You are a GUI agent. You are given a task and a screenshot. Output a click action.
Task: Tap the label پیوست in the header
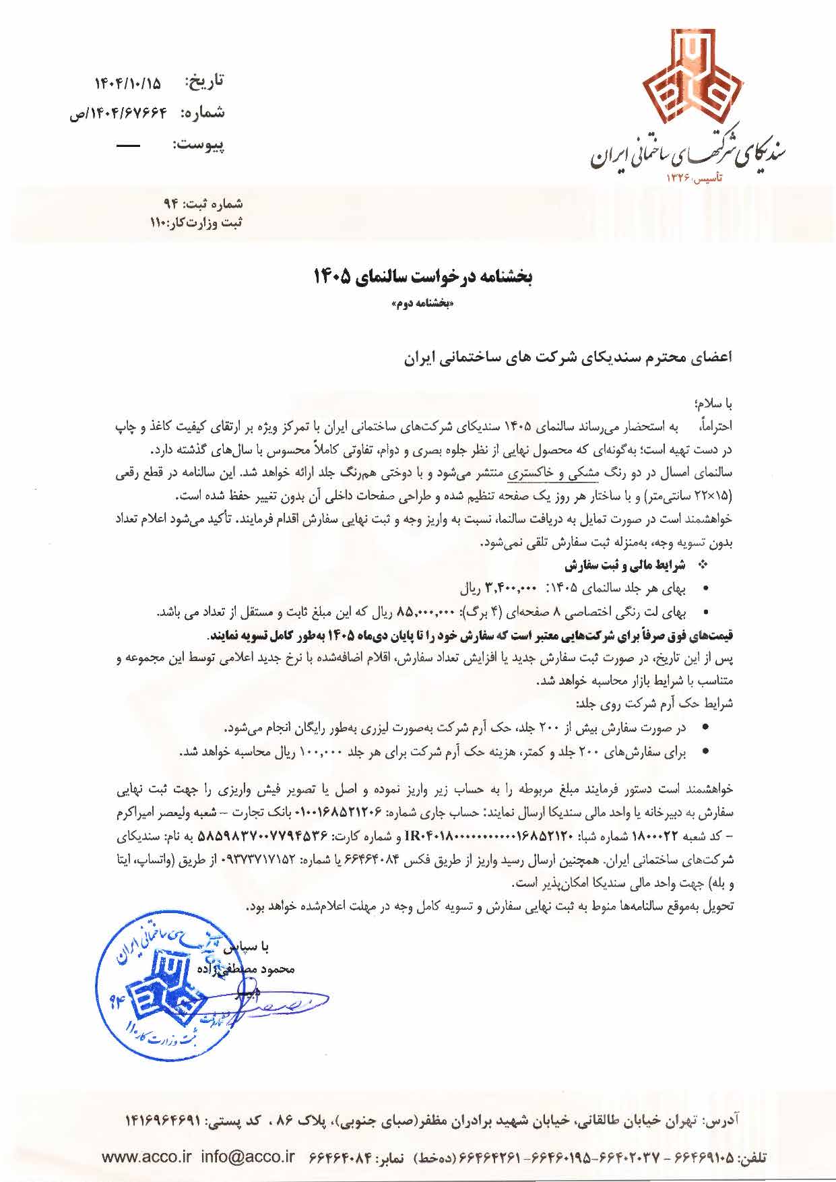pos(199,144)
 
